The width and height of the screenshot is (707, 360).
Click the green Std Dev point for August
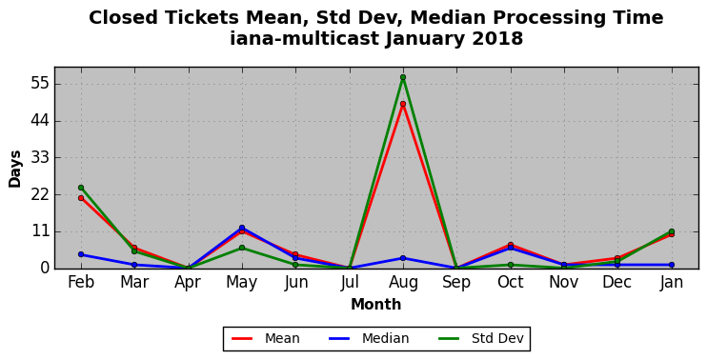point(403,77)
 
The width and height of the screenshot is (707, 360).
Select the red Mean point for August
point(403,104)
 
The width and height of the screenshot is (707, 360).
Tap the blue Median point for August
point(403,258)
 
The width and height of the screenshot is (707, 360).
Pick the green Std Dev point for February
point(81,188)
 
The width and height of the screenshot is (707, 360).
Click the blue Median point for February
point(81,254)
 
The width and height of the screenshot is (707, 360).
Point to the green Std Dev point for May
point(242,248)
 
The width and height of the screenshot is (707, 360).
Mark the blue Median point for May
point(242,228)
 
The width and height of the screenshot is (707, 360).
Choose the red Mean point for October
point(511,245)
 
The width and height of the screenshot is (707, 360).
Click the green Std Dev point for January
point(672,231)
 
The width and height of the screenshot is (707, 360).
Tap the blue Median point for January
point(672,265)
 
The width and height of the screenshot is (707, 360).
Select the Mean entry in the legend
point(266,338)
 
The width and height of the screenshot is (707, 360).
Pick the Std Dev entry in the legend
point(480,338)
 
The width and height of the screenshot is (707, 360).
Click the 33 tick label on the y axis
point(40,158)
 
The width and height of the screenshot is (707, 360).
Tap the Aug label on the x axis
point(403,283)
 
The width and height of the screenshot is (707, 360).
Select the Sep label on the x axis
point(456,283)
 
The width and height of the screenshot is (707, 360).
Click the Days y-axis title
point(15,169)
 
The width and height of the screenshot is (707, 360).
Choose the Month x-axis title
point(376,305)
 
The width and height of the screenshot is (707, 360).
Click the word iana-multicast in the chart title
point(304,39)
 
